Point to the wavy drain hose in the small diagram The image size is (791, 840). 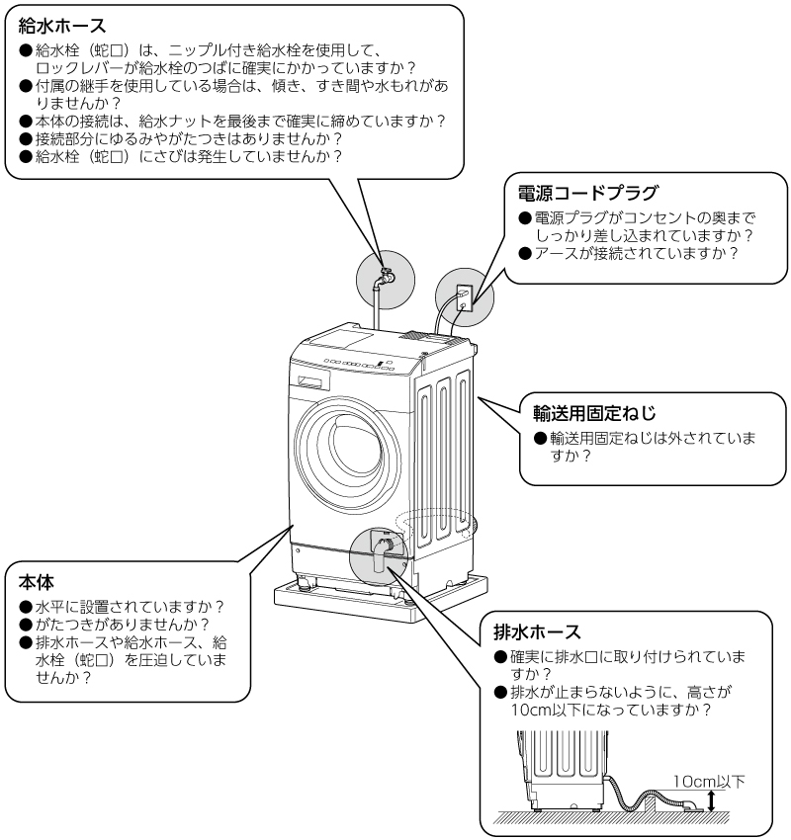623,791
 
